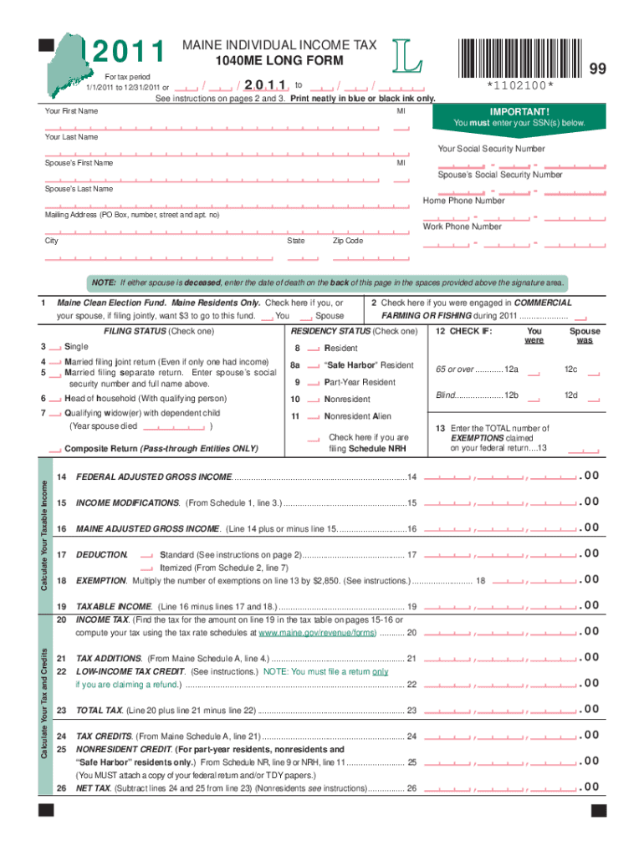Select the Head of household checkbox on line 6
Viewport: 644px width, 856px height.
(x=55, y=400)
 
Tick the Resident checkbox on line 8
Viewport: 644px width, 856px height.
(x=314, y=349)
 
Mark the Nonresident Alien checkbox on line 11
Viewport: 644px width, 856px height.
(x=314, y=417)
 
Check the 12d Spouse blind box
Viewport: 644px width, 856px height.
(x=594, y=396)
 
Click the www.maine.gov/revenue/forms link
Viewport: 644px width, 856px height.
(x=324, y=633)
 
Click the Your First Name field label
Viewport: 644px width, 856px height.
(x=71, y=111)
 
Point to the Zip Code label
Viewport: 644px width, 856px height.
(x=348, y=241)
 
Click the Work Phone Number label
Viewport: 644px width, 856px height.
(x=463, y=227)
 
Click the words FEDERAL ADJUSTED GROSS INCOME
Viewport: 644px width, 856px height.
(x=154, y=477)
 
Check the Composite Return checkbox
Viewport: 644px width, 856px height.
(x=55, y=450)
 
